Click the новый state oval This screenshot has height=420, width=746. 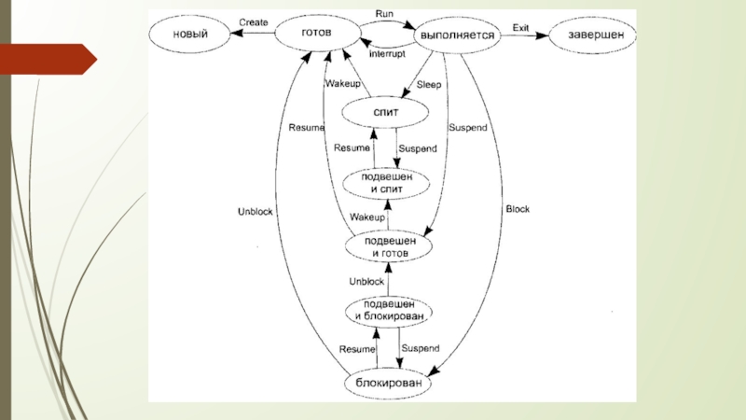coord(189,34)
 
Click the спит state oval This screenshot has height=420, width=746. coord(385,113)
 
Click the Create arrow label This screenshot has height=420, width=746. coord(254,21)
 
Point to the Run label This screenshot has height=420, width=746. coord(384,14)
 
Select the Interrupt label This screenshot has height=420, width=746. coord(387,55)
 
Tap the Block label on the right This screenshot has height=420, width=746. coord(517,209)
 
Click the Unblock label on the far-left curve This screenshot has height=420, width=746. coord(255,212)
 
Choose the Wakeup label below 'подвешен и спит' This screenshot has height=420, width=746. coord(367,217)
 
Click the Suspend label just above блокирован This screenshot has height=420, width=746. coord(419,348)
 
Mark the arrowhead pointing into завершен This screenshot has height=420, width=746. coord(545,35)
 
